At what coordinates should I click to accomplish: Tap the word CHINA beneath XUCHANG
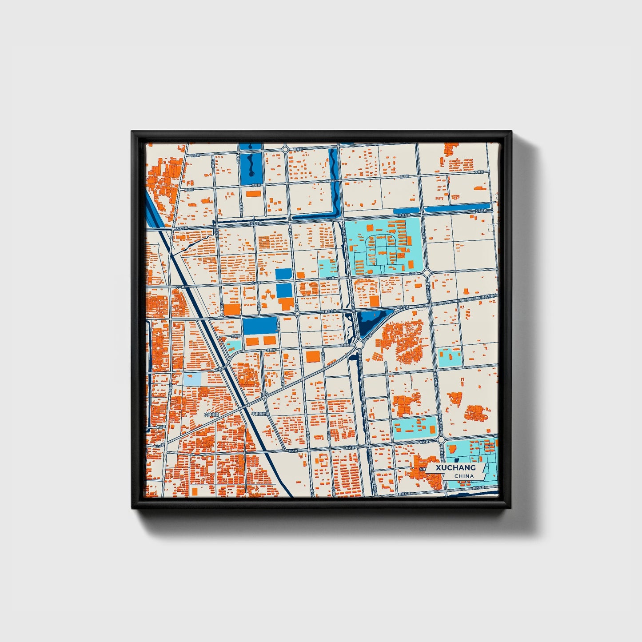(464, 476)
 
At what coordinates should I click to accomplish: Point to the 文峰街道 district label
(212, 415)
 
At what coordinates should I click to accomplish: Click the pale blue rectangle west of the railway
(191, 379)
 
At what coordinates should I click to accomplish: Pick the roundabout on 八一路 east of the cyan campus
(427, 273)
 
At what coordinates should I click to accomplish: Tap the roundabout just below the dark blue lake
(359, 345)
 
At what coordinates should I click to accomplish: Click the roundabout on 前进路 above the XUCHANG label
(441, 439)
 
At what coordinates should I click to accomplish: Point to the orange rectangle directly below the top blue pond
(254, 194)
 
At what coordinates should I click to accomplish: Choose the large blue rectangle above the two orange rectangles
(259, 326)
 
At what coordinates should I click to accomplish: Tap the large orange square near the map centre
(313, 356)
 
